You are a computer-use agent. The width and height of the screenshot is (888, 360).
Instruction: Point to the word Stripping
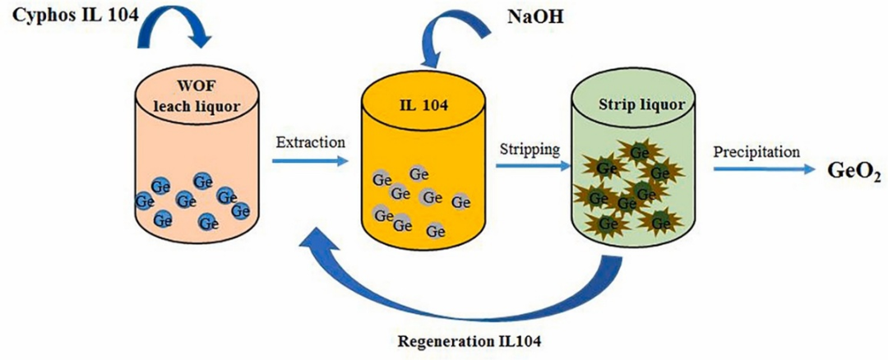[x=530, y=150]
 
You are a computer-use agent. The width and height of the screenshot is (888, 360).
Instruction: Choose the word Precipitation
[x=756, y=152]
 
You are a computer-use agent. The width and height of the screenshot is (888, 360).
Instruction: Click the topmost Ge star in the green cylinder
[x=637, y=150]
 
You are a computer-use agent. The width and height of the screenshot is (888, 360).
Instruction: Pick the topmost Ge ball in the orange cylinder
[x=417, y=175]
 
